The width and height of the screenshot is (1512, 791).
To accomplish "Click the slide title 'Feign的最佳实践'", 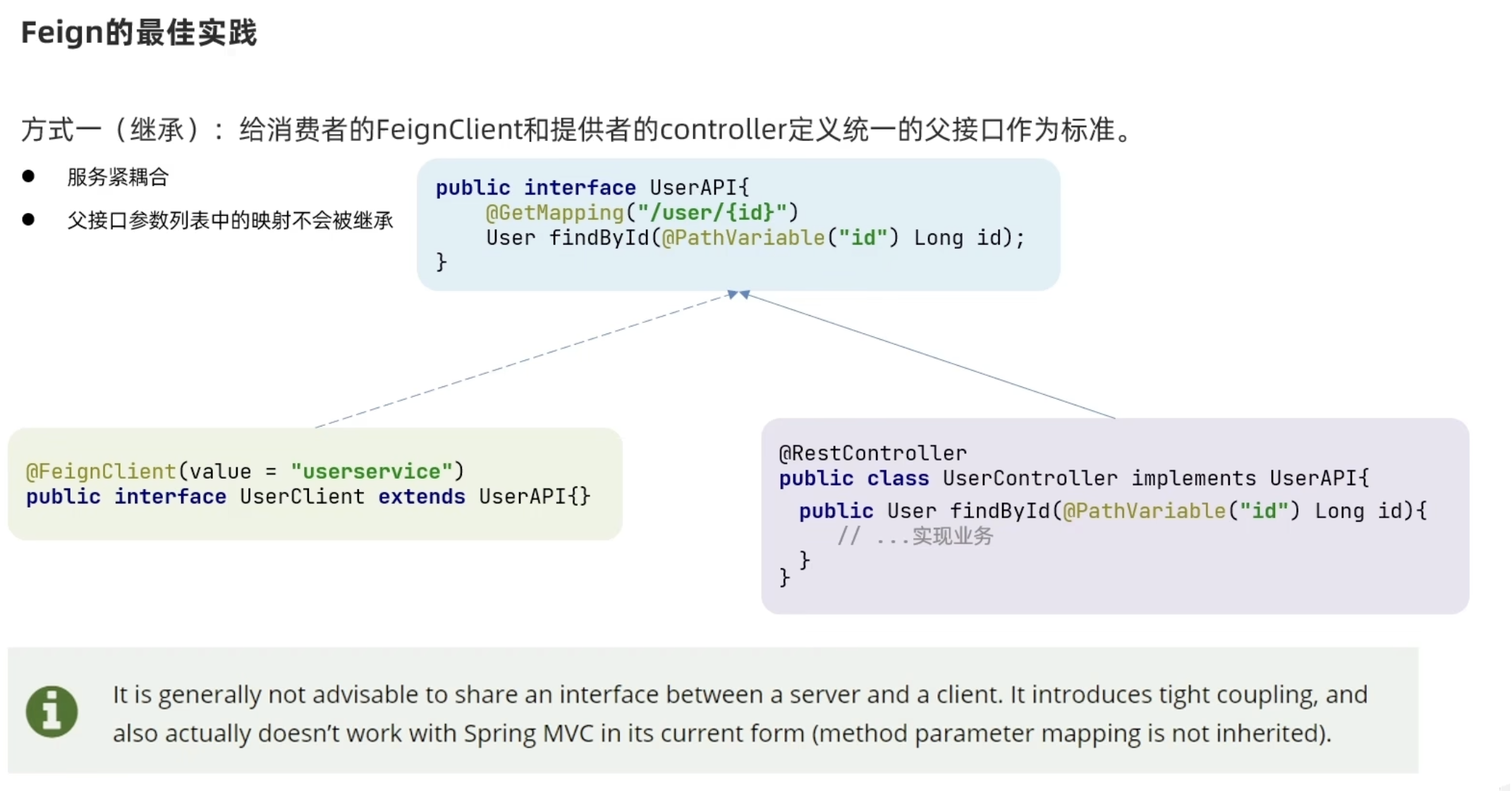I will pyautogui.click(x=139, y=33).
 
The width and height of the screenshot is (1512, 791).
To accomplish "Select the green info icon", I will pyautogui.click(x=51, y=711).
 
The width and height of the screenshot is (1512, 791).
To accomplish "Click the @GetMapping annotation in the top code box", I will pyautogui.click(x=554, y=212).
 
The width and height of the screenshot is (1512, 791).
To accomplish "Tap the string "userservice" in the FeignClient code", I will pyautogui.click(x=372, y=471).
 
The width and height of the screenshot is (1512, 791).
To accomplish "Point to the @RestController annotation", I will pyautogui.click(x=872, y=453).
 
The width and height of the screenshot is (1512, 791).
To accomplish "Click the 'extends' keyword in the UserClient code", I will pyautogui.click(x=421, y=496).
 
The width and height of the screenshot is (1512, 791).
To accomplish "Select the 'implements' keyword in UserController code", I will pyautogui.click(x=1193, y=478).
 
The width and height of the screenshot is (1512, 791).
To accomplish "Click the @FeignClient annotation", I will pyautogui.click(x=100, y=471).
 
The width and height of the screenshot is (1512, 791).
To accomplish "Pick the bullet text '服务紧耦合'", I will pyautogui.click(x=118, y=177).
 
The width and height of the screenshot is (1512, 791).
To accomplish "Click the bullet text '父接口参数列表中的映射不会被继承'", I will pyautogui.click(x=230, y=221).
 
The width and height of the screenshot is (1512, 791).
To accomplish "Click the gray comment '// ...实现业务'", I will pyautogui.click(x=915, y=536).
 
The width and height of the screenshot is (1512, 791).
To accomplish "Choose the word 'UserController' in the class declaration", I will pyautogui.click(x=1030, y=478).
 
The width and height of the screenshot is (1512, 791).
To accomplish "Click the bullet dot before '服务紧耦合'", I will pyautogui.click(x=28, y=176).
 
